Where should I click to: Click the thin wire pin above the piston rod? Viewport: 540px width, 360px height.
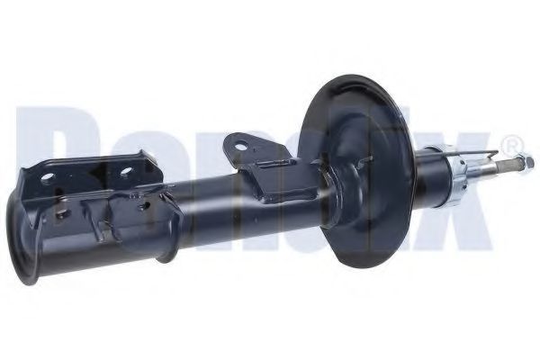(481, 151)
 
